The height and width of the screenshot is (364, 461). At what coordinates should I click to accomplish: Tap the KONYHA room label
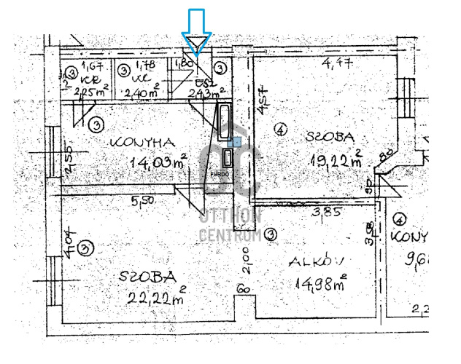(142, 143)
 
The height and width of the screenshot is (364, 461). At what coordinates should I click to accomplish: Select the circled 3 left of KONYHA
(95, 124)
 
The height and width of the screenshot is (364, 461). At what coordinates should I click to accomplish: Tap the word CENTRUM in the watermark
(230, 234)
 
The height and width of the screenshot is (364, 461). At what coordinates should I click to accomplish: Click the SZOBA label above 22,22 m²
(150, 277)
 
